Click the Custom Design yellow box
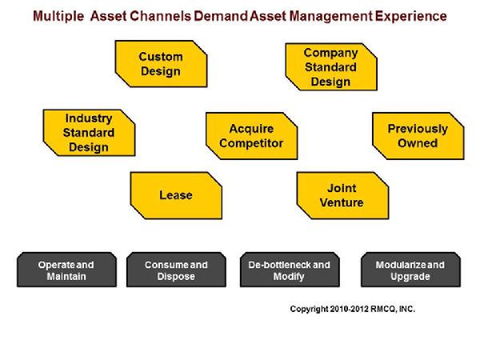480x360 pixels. coord(161,64)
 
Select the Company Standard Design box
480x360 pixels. coord(331,66)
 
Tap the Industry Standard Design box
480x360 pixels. coord(89,133)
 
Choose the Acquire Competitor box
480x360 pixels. coord(252,136)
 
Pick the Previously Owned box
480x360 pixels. coord(418,136)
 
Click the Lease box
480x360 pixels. coord(176,195)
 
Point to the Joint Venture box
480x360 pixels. coord(342,195)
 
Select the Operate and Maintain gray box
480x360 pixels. coord(66,270)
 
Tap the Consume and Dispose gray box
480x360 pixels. coord(176,270)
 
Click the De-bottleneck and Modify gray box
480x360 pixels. coord(290,270)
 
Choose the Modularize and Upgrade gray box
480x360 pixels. coord(410,270)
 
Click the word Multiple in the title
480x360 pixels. coord(58,16)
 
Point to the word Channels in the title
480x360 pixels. coord(161,16)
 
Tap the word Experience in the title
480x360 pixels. coord(411,16)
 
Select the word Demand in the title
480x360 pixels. coord(221,16)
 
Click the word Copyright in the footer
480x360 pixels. coord(309,309)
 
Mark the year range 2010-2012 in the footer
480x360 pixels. coord(349,309)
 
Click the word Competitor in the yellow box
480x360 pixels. coord(251,143)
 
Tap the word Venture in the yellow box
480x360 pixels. coord(342,202)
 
